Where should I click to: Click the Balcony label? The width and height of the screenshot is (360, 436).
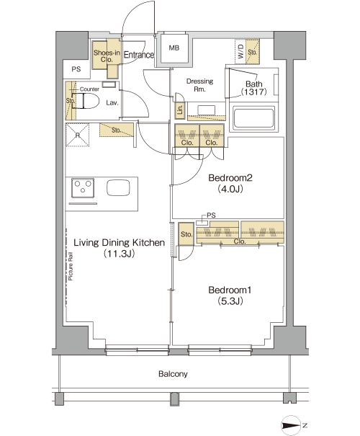pos(173,374)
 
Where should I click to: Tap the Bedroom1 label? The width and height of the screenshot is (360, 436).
pos(230,290)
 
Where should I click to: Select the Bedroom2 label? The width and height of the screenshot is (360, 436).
pos(230,178)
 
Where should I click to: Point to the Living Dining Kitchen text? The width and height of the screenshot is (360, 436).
pos(120,242)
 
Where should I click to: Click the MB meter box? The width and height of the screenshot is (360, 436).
pos(174,49)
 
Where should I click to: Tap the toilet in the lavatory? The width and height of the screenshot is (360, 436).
pos(87,101)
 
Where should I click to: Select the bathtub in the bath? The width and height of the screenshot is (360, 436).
pos(253,118)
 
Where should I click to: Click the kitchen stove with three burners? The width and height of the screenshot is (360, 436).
pos(83,188)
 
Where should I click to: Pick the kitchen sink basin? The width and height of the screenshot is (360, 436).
pos(118,187)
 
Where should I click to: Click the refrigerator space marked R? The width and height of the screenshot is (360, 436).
pos(78,135)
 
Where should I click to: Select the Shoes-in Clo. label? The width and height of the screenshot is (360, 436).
pos(107,56)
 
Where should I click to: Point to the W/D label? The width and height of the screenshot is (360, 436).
pos(240,51)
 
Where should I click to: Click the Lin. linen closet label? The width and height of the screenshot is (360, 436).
pos(180,110)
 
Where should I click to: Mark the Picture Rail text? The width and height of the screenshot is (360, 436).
pos(71,266)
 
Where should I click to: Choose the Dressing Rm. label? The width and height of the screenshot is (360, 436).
pos(199,85)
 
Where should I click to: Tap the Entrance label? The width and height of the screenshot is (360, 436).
pos(139,55)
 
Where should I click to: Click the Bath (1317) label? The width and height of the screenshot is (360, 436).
pos(254,88)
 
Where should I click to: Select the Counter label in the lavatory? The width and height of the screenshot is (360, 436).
pos(89,89)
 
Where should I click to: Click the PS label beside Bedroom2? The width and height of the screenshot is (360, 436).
pos(211,215)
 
